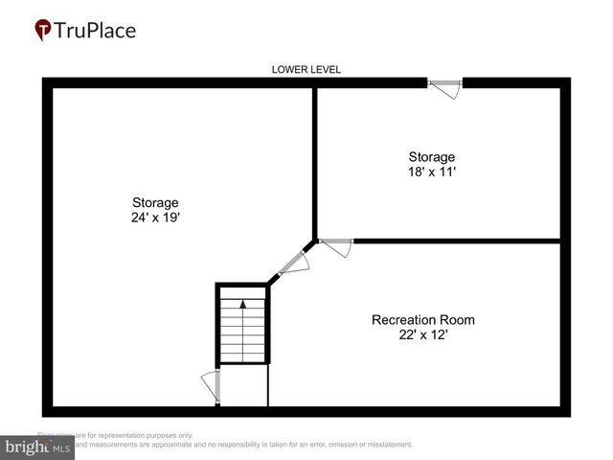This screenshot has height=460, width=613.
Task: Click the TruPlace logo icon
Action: point(42,31)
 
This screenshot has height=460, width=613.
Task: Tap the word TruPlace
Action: point(94,30)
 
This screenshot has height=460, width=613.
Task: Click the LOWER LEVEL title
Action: point(306,69)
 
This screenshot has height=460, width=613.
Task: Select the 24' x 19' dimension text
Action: point(155,218)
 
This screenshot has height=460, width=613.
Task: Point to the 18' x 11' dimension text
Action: point(431,172)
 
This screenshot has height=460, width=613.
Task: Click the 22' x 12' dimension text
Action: point(422,334)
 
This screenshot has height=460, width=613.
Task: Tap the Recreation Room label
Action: point(422,319)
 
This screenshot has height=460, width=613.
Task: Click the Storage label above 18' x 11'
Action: point(431,156)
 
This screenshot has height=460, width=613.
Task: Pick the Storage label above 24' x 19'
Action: point(155,202)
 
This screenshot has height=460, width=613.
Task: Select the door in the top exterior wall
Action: point(445,87)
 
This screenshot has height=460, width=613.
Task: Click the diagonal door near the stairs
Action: point(292,260)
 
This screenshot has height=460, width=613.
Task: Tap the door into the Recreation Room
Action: point(336,246)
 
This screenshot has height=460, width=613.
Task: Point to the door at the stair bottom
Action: point(212,386)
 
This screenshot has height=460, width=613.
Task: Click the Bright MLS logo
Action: point(37,448)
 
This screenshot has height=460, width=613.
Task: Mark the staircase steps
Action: point(243,331)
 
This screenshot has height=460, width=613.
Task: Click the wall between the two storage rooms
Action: point(315,163)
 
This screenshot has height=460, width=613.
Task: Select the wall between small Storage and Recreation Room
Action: point(455,240)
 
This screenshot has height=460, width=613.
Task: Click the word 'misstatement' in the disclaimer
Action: point(387,445)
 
